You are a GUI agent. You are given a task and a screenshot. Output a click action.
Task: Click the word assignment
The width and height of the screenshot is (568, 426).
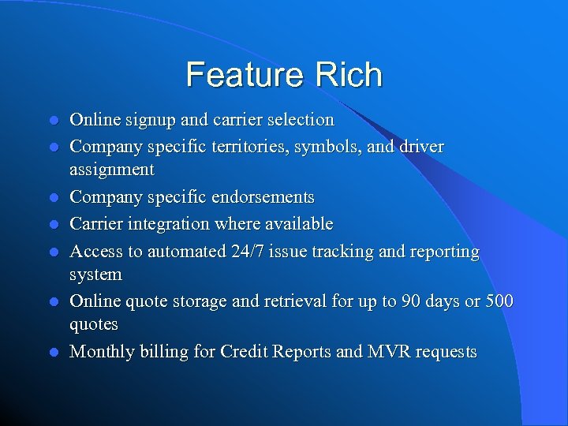[x=112, y=170]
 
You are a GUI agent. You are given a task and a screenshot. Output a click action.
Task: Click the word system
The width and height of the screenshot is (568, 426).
[x=96, y=275]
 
